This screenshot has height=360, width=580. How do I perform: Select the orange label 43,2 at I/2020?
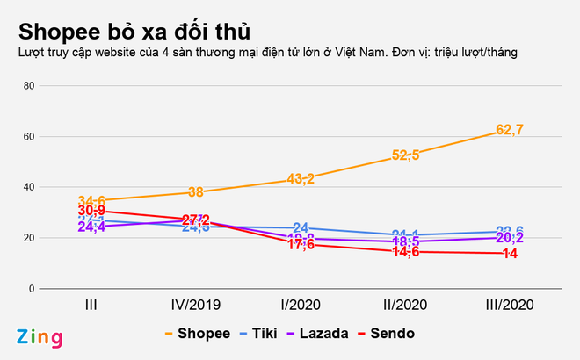(301, 179)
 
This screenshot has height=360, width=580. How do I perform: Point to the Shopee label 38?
(196, 192)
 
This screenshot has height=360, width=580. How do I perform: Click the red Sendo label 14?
(510, 254)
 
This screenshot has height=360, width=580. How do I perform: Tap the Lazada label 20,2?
(510, 238)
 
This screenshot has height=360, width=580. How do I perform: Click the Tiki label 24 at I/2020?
(301, 227)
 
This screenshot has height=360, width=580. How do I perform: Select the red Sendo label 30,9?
(91, 212)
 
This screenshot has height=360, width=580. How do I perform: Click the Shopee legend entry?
(199, 334)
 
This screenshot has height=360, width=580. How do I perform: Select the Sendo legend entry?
(392, 334)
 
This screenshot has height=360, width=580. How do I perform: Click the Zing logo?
(39, 337)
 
